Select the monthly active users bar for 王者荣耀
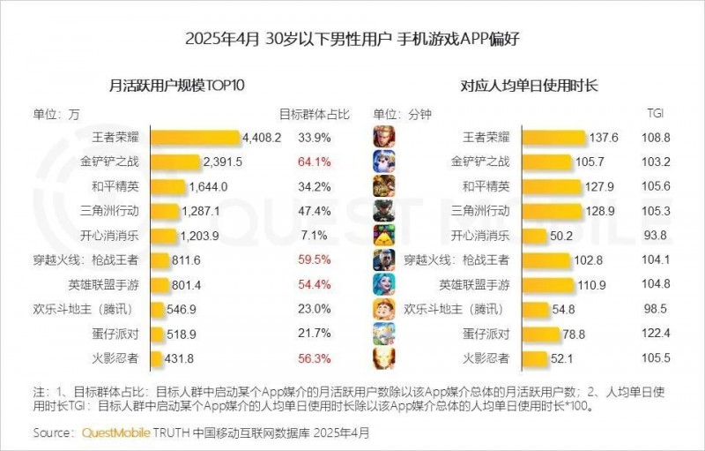pyautogui.click(x=195, y=138)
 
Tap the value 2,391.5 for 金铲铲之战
pyautogui.click(x=222, y=162)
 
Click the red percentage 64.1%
pyautogui.click(x=315, y=162)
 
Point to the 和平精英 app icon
pyautogui.click(x=383, y=186)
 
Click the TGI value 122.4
pyautogui.click(x=660, y=334)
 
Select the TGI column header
pyautogui.click(x=656, y=114)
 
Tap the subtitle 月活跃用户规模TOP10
pyautogui.click(x=176, y=86)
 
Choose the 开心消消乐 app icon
pyautogui.click(x=383, y=236)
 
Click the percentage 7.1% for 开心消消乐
pyautogui.click(x=315, y=236)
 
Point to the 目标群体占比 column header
pyautogui.click(x=315, y=114)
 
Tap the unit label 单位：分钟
pyautogui.click(x=399, y=114)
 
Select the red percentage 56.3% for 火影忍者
pyautogui.click(x=315, y=358)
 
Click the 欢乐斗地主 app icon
pyautogui.click(x=383, y=309)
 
